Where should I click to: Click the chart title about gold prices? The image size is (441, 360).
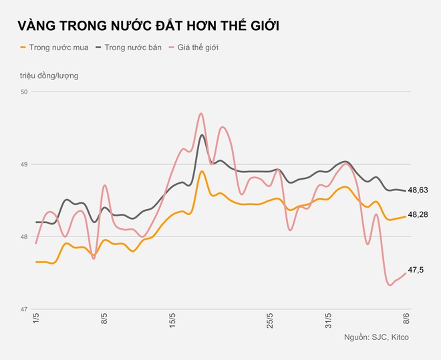(x=148, y=26)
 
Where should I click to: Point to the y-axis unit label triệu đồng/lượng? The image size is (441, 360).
(x=49, y=75)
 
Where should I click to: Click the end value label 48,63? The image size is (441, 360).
(x=418, y=190)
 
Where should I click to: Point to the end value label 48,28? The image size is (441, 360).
(x=418, y=214)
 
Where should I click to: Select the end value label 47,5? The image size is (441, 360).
(x=416, y=270)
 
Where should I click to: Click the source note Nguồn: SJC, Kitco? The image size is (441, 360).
(x=376, y=337)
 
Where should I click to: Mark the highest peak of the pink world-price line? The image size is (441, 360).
(x=201, y=114)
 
